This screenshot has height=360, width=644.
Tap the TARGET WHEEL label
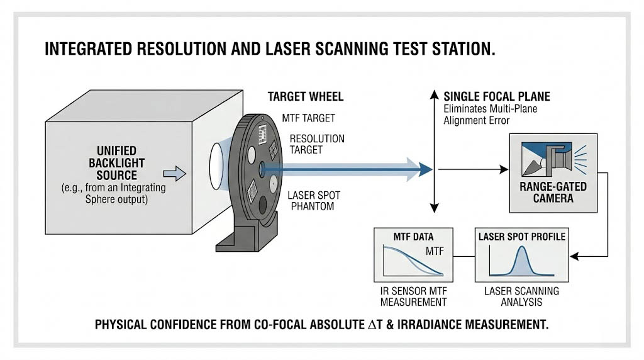tap(306, 97)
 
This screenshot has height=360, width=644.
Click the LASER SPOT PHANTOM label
tap(310, 200)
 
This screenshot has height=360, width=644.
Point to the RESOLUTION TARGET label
tap(316, 144)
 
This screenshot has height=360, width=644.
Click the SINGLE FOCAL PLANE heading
tap(497, 97)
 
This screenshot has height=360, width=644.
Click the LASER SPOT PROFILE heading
tap(521, 237)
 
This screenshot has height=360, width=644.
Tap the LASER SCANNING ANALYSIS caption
tap(521, 296)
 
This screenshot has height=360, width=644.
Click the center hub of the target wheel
tap(262, 168)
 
